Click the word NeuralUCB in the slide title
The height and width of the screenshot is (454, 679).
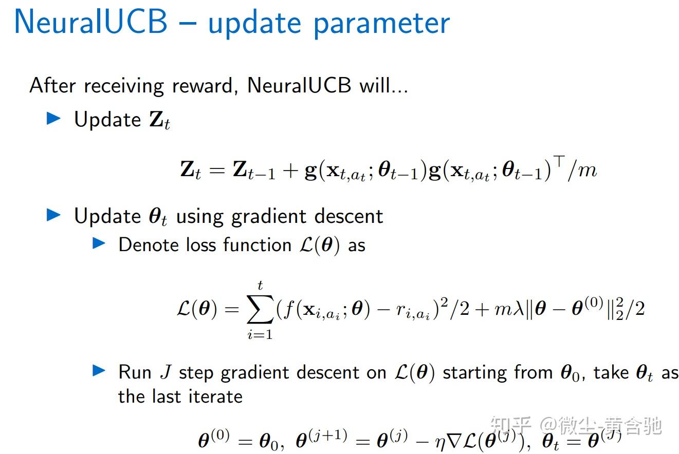pos(90,23)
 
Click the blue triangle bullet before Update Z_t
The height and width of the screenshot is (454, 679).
pos(53,119)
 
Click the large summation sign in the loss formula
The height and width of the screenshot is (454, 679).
pos(260,310)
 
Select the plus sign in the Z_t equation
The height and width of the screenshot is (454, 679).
pos(290,171)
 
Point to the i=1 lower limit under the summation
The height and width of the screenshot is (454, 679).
pos(260,335)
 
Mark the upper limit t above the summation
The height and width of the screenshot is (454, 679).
pos(261,285)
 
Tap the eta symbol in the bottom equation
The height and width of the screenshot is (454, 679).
pos(441,443)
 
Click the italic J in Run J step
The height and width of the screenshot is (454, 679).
pos(165,372)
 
